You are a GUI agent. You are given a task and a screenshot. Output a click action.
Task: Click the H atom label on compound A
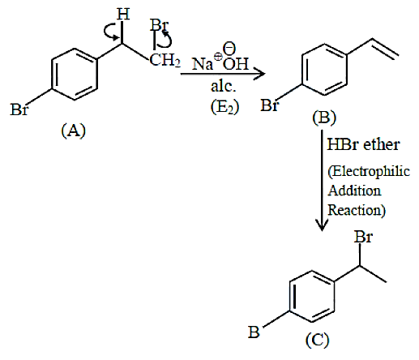(x=123, y=14)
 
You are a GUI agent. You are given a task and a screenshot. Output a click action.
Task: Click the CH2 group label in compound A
(x=165, y=60)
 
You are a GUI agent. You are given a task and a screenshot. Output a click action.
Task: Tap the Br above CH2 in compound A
(x=159, y=26)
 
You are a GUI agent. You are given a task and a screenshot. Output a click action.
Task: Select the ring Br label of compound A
(x=19, y=109)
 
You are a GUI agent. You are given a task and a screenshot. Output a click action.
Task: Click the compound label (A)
(x=74, y=131)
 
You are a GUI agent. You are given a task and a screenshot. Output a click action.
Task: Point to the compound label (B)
(x=324, y=118)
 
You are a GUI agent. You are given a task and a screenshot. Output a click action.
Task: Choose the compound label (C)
(x=317, y=340)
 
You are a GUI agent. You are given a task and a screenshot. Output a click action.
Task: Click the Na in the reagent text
(x=203, y=64)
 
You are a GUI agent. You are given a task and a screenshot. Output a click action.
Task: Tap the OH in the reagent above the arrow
(x=236, y=64)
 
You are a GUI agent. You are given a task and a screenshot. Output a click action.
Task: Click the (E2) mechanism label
(x=224, y=107)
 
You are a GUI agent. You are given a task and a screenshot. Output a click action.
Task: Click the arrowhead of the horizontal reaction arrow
(x=260, y=74)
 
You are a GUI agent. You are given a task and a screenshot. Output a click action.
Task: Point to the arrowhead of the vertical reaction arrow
(x=322, y=225)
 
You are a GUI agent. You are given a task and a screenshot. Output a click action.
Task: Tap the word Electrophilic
(x=369, y=172)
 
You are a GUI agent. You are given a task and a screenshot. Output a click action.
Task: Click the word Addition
(x=354, y=191)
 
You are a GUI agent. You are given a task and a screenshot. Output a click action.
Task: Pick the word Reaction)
(x=357, y=210)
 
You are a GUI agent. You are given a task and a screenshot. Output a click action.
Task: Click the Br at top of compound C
(x=363, y=237)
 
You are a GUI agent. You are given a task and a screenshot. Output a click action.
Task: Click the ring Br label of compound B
(x=269, y=105)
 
